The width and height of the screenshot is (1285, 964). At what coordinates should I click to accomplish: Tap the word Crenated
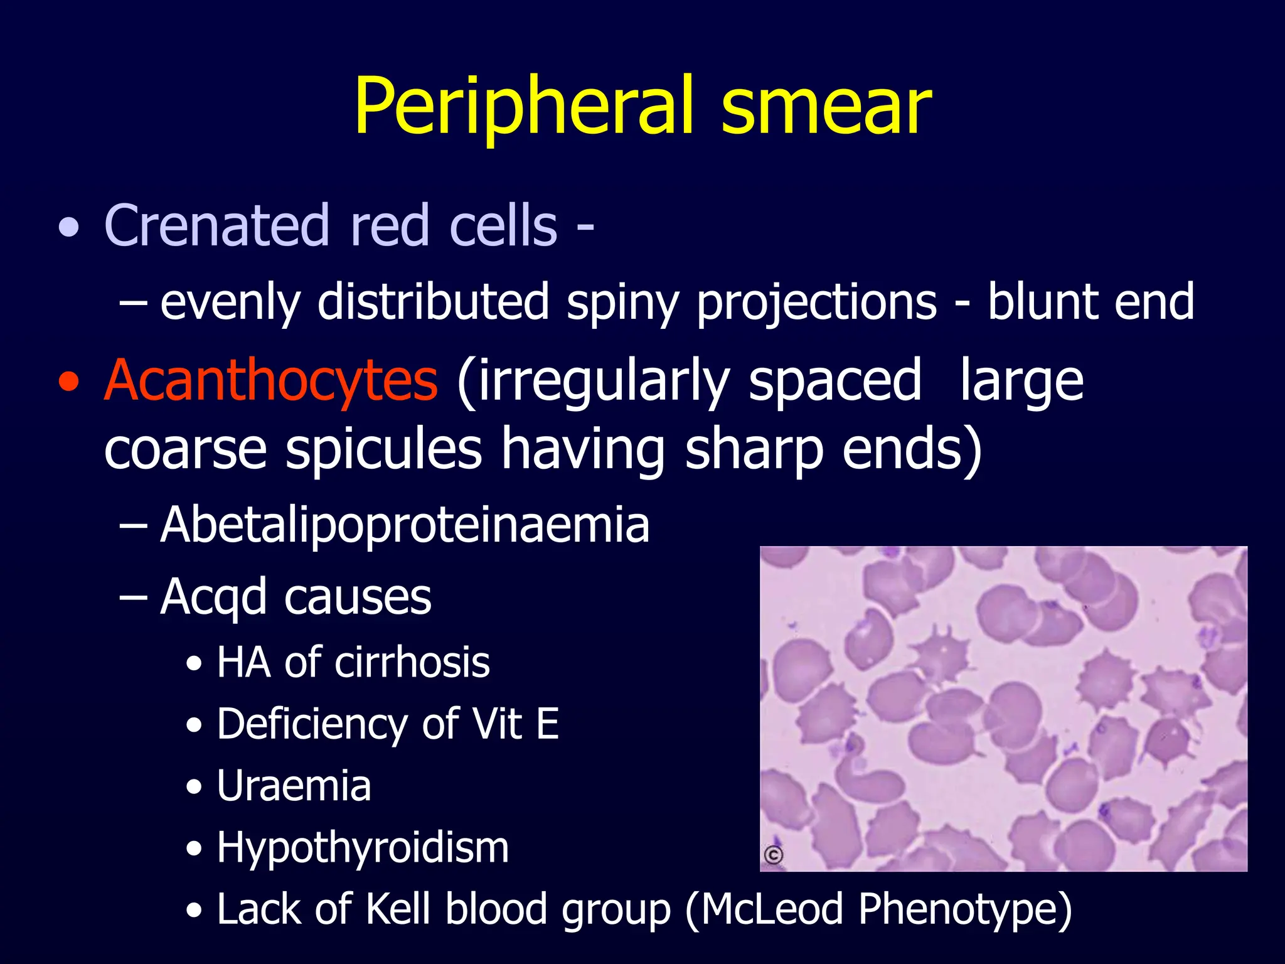(x=216, y=226)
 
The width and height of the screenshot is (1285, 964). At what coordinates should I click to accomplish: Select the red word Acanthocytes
(x=270, y=382)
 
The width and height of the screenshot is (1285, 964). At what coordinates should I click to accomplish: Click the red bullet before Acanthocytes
(x=69, y=382)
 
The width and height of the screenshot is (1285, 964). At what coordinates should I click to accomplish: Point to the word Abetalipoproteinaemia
(x=405, y=525)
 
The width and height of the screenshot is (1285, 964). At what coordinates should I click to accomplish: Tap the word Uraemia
(x=294, y=786)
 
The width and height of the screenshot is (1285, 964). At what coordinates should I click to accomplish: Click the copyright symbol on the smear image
(x=774, y=855)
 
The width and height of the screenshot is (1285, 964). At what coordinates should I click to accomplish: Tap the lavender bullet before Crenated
(x=69, y=228)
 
